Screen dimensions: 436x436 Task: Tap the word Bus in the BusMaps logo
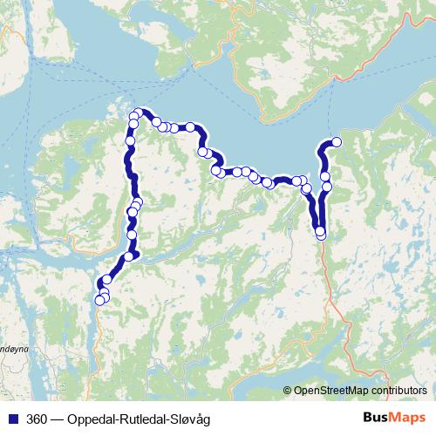pos(378,419)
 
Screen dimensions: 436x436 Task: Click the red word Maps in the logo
pos(409,419)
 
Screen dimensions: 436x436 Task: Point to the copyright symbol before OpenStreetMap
pos(288,390)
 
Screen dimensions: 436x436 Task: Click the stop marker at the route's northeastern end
pos(336,142)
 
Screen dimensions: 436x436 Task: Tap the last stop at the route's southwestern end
pos(99,302)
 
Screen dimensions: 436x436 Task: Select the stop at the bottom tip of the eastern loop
pos(320,233)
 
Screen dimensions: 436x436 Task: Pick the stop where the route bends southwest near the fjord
pos(129,255)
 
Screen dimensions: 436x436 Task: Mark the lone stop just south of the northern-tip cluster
pos(131,140)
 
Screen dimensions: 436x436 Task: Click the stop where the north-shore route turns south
pos(203,152)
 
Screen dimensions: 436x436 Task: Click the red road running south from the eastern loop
pos(329,279)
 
